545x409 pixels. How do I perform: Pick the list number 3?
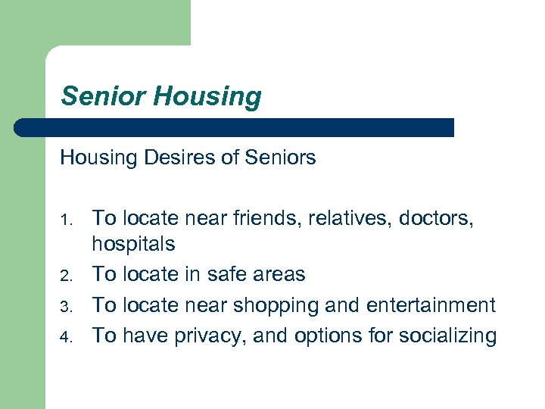(x=67, y=307)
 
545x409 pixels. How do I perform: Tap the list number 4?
(x=67, y=337)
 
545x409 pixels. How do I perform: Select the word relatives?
(x=344, y=219)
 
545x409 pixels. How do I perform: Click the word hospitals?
(x=133, y=245)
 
